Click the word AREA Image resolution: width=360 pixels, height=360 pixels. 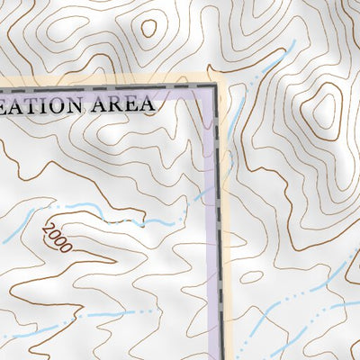pyautogui.click(x=122, y=103)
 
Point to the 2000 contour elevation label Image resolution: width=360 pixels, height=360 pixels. pyautogui.click(x=55, y=238)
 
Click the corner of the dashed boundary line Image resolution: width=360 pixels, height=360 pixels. pyautogui.click(x=217, y=86)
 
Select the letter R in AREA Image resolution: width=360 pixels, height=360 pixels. pyautogui.click(x=115, y=103)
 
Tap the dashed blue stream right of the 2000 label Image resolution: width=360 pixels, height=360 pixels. pyautogui.click(x=153, y=220)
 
